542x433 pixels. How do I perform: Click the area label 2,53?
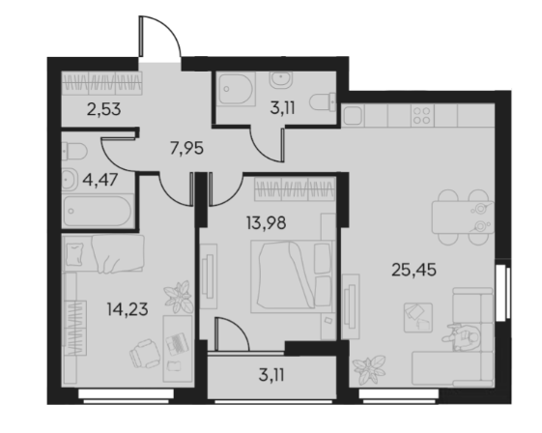click(103, 109)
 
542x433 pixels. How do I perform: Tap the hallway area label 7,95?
click(186, 149)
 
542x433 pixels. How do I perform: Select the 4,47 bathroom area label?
click(100, 180)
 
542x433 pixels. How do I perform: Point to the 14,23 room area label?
click(128, 309)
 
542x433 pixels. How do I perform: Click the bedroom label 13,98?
click(266, 223)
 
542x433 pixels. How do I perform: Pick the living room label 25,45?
click(414, 270)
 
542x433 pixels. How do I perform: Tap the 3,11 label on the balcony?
click(271, 375)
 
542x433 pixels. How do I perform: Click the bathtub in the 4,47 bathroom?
click(98, 211)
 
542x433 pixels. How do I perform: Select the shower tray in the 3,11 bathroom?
click(237, 89)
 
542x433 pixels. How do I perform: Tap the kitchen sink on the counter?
click(353, 116)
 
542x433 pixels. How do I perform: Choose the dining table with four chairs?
click(463, 217)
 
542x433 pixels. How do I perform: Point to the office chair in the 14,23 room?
click(145, 354)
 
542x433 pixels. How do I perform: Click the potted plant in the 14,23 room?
click(179, 297)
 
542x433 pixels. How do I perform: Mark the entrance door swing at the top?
click(159, 36)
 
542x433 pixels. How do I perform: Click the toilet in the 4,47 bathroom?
click(74, 152)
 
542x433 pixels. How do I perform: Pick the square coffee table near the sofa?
click(418, 317)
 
